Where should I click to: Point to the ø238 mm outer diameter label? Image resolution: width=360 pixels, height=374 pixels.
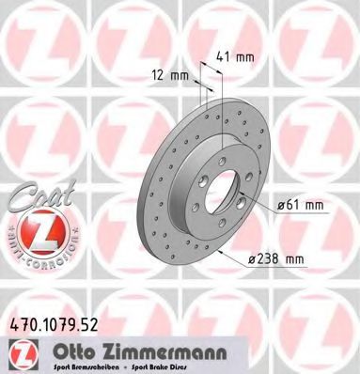304,259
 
